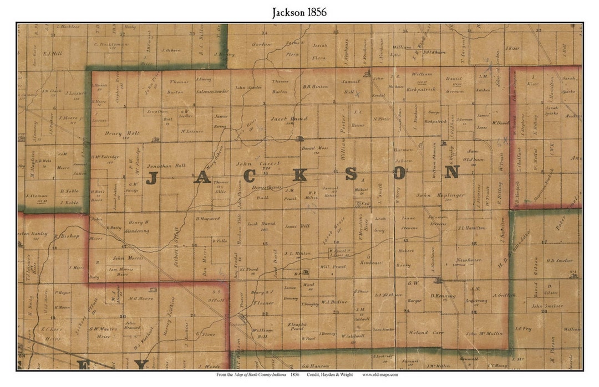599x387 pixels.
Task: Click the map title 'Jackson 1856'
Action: click(299, 12)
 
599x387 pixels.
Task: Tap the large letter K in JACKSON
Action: click(299, 176)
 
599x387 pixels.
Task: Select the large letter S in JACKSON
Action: click(351, 174)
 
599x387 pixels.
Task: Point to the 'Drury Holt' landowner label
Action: click(120, 133)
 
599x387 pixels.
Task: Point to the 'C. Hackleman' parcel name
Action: click(111, 44)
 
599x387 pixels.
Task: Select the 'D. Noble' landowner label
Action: click(69, 191)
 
